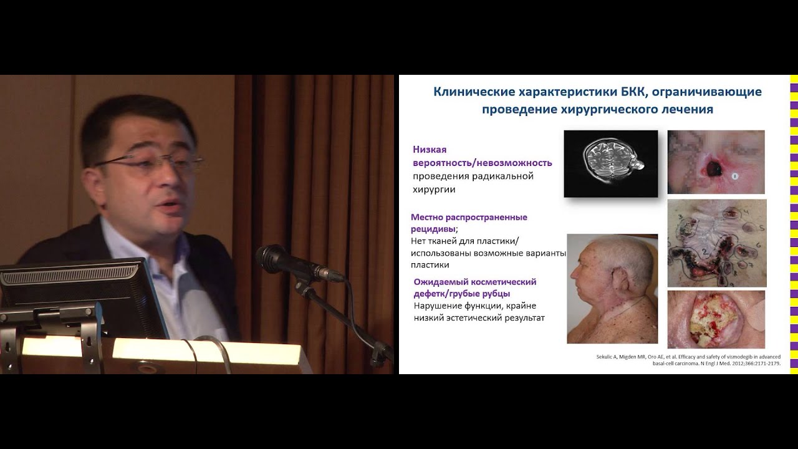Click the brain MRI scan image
pyautogui.click(x=610, y=163)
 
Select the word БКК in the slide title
pyautogui.click(x=635, y=92)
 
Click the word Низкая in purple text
pyautogui.click(x=430, y=150)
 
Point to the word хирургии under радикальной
pyautogui.click(x=434, y=189)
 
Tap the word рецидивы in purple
pyautogui.click(x=433, y=229)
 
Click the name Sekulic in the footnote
pyautogui.click(x=604, y=357)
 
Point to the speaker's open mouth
pyautogui.click(x=170, y=206)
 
